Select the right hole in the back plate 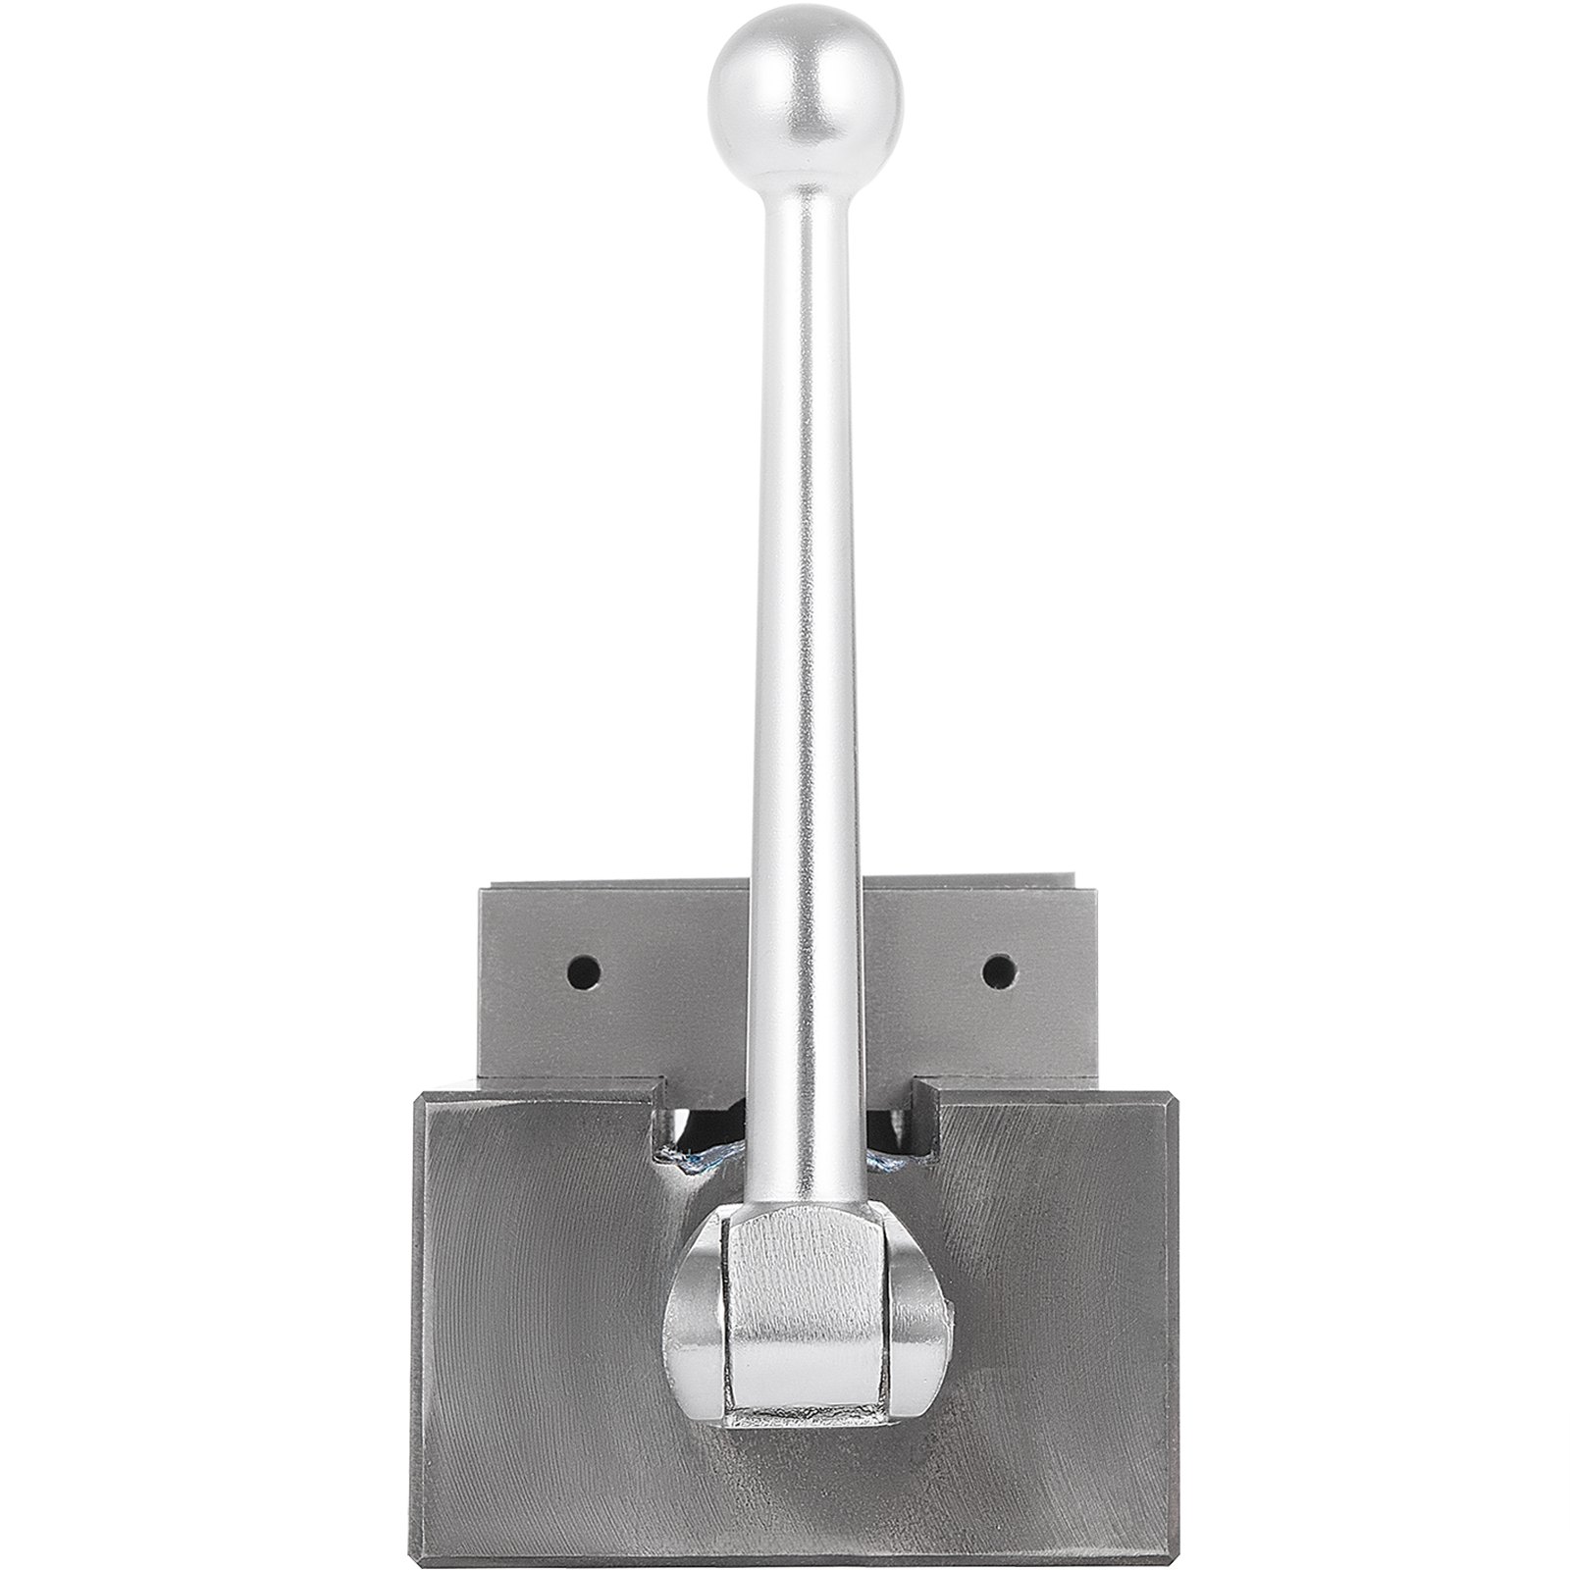[x=997, y=971]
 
